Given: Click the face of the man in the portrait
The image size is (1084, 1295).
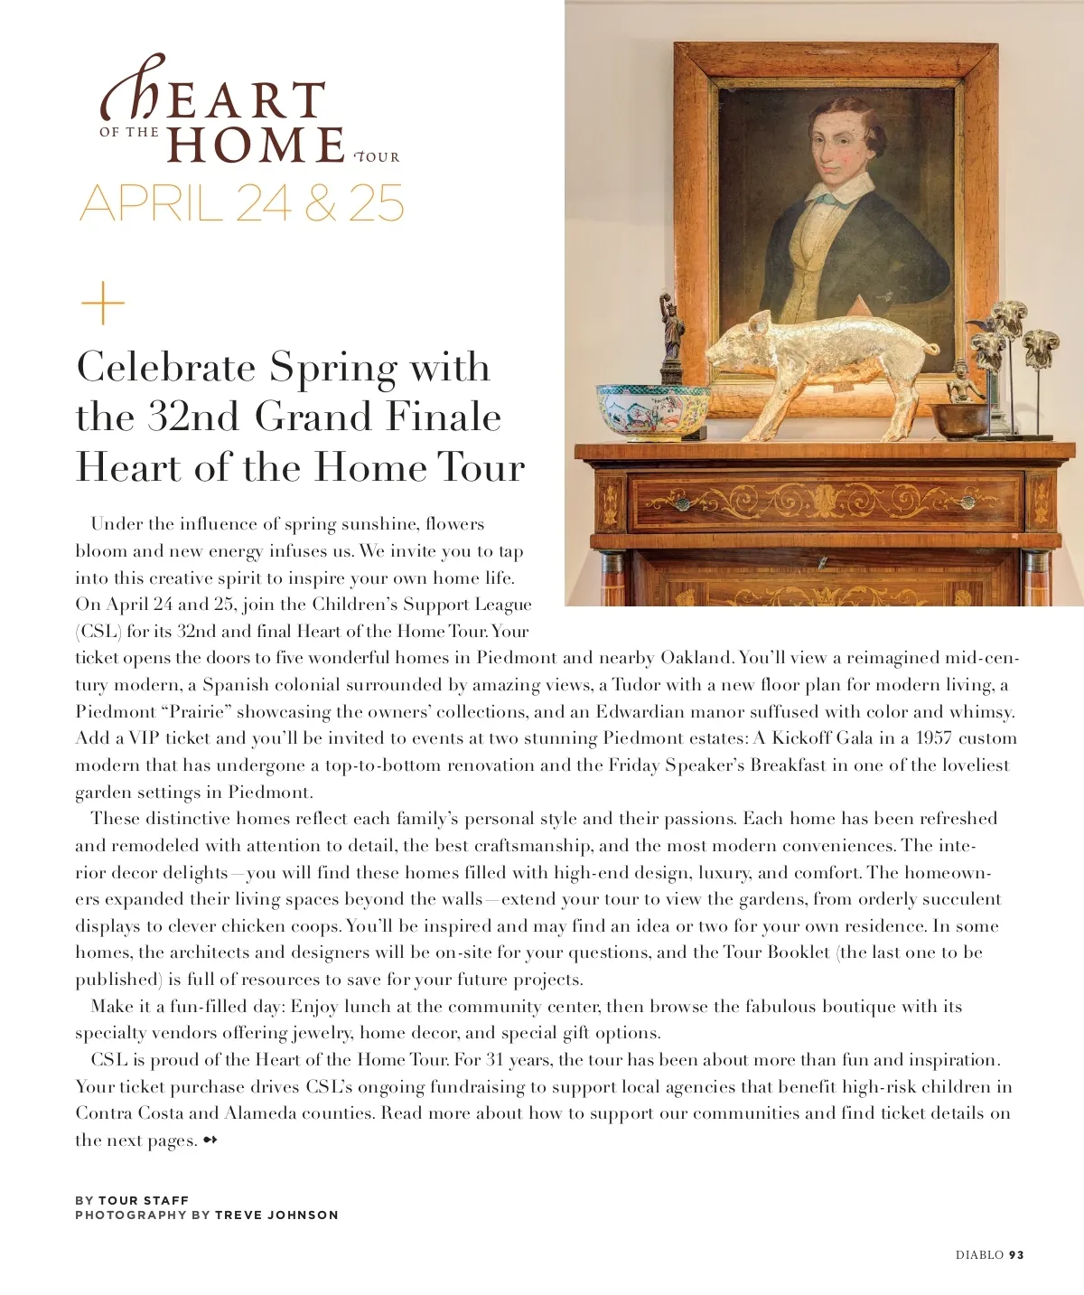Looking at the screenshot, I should tap(841, 148).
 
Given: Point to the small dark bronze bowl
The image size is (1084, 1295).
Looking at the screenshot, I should tap(960, 420).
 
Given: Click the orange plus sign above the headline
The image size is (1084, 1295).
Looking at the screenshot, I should tap(103, 304).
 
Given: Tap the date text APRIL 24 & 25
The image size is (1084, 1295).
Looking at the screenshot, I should tap(241, 203).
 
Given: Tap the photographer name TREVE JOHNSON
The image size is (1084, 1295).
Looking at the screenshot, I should tap(276, 1215).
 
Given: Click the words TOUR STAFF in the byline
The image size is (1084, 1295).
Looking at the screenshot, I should tap(144, 1200).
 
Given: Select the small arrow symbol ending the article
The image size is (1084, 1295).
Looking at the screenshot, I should tap(210, 1140).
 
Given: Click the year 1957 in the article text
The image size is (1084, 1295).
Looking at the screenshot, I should tap(934, 738).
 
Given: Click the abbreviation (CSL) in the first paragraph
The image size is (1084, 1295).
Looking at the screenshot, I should tap(98, 631).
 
